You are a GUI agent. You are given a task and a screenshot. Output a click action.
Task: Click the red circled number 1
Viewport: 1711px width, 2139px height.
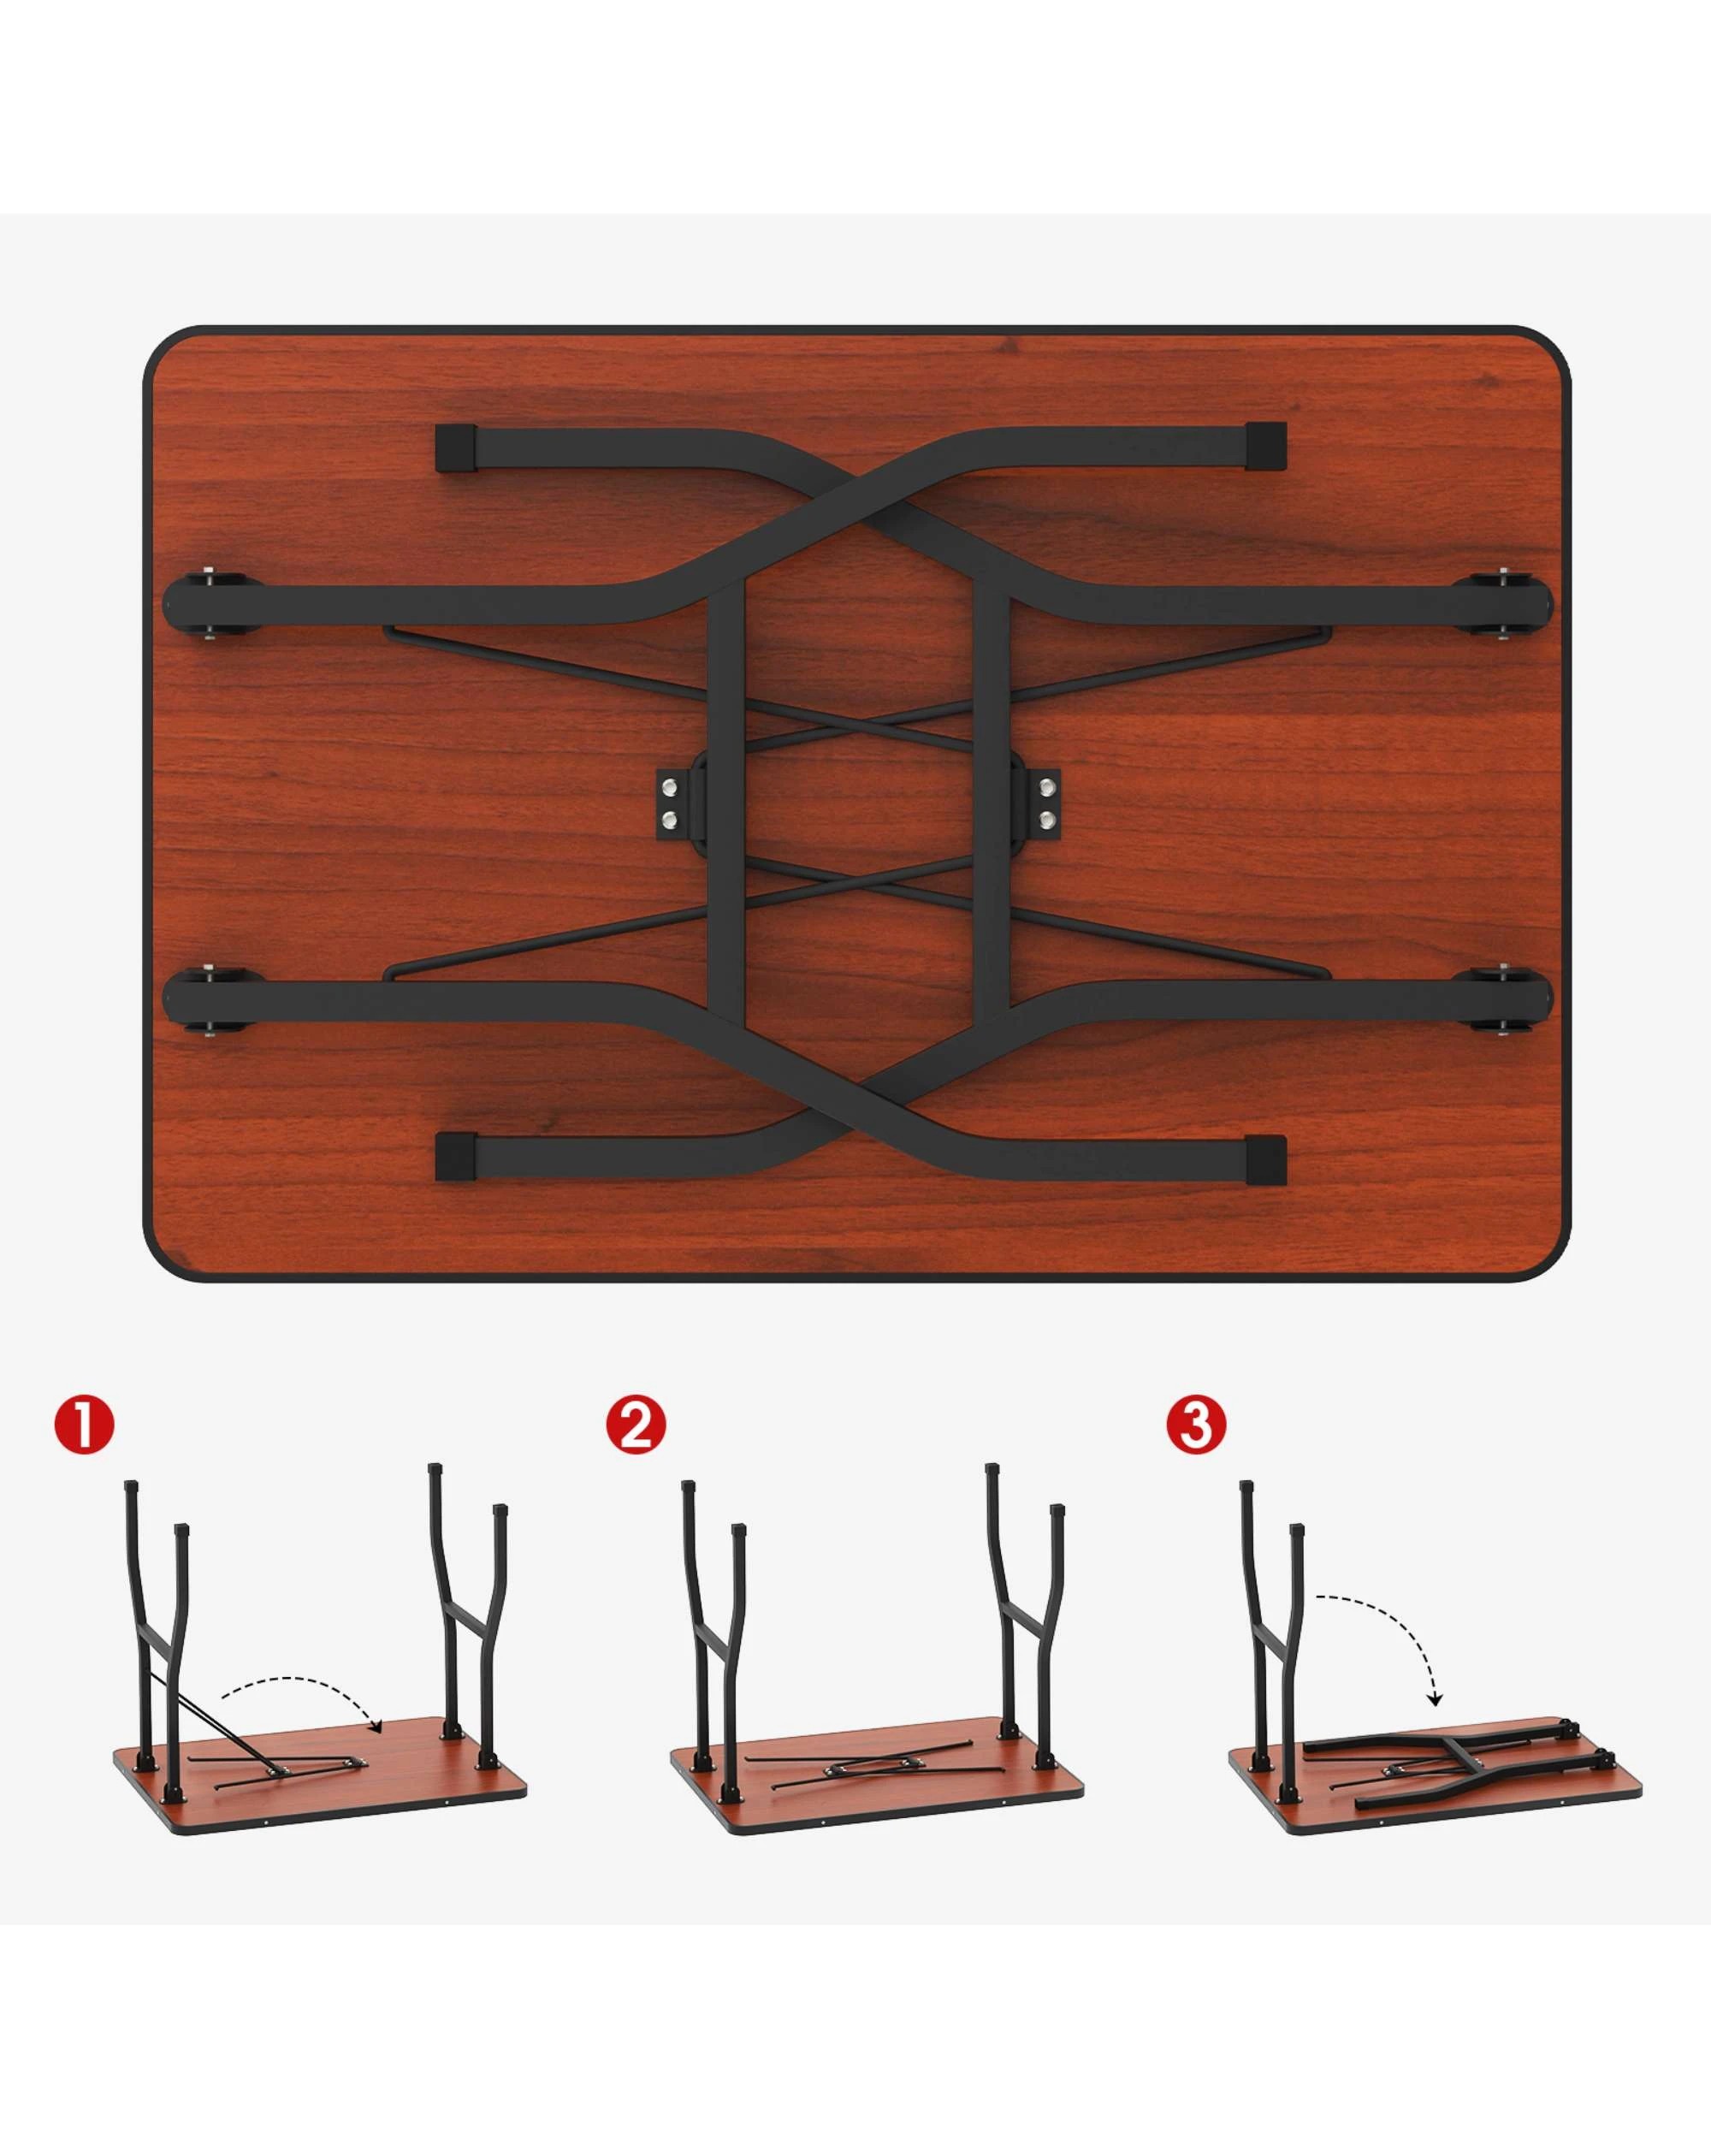point(86,1425)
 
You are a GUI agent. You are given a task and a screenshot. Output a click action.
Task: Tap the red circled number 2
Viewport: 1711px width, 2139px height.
point(636,1425)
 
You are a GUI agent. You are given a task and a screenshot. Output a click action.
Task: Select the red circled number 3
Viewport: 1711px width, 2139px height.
point(1196,1425)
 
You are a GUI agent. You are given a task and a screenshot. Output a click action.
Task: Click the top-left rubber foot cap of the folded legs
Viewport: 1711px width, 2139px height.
point(456,449)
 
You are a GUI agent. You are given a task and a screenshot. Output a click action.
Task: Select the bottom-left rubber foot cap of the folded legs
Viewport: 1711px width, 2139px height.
point(456,1157)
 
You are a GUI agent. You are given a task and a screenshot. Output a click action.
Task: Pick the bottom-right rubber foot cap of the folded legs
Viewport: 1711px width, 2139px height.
point(1265,1158)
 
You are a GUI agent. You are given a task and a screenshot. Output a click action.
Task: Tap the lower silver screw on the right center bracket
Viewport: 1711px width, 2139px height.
point(1046,820)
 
